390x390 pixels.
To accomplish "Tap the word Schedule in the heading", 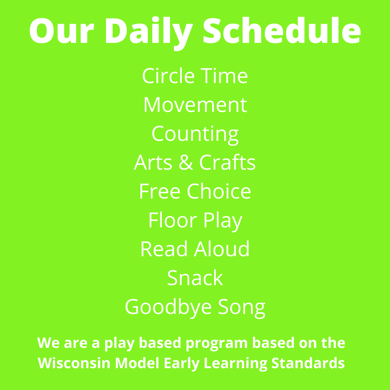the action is click(x=282, y=30).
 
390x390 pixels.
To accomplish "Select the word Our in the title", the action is click(x=62, y=31).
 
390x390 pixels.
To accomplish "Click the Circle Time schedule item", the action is click(x=195, y=76).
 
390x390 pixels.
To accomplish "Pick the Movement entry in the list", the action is click(x=195, y=105).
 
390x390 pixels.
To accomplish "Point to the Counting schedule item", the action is click(x=195, y=135).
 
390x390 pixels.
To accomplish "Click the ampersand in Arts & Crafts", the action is click(x=186, y=162).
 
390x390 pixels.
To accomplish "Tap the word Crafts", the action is click(x=227, y=162).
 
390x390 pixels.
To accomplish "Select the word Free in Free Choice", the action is click(x=160, y=191).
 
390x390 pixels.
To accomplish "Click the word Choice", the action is click(x=219, y=191).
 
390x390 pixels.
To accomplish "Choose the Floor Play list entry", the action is click(x=195, y=221).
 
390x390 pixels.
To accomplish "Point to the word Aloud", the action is click(x=222, y=248).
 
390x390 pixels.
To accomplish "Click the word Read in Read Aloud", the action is click(x=164, y=248).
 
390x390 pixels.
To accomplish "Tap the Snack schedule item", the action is click(x=195, y=278).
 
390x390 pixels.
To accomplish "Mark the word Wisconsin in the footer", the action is click(x=74, y=363).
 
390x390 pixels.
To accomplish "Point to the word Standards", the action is click(x=308, y=363).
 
